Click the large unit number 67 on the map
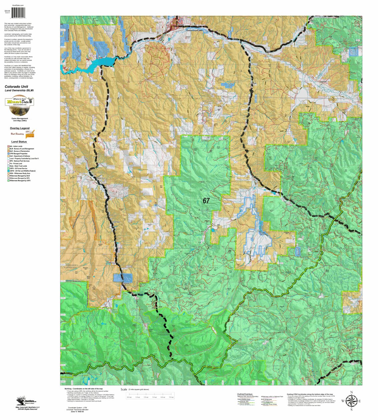click(206, 201)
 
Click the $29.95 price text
click(7, 11)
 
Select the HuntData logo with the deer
click(20, 106)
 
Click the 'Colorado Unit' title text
click(16, 86)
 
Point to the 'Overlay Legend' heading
click(19, 128)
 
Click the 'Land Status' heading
click(19, 142)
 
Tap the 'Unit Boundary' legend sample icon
click(30, 134)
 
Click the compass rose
click(351, 401)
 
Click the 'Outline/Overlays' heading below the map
click(245, 394)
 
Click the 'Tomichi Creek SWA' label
click(194, 30)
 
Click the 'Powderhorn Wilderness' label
click(70, 267)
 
